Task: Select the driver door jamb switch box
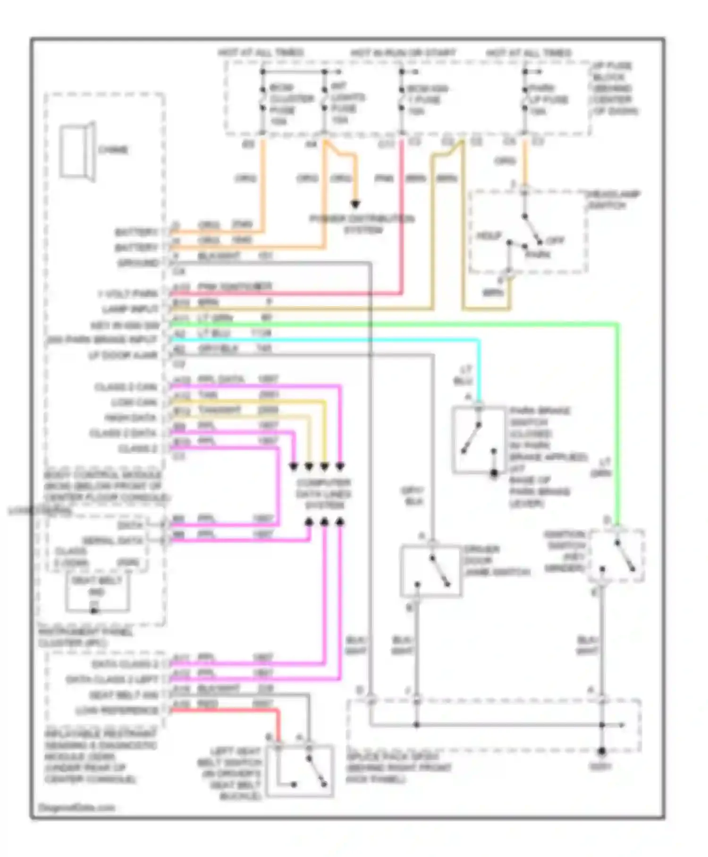tap(430, 571)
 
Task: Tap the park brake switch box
tap(478, 439)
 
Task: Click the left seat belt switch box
tap(300, 771)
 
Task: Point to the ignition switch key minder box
tap(616, 556)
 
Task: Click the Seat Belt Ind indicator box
tap(97, 593)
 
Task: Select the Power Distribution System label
tap(362, 224)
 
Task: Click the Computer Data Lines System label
tap(324, 494)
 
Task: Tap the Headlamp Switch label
tap(613, 200)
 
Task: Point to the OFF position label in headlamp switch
tap(555, 240)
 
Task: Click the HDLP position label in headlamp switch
tap(489, 236)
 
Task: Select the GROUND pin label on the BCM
tap(138, 263)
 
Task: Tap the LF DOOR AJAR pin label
tap(123, 355)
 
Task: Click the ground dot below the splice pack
tap(601, 751)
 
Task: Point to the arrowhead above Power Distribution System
tap(355, 204)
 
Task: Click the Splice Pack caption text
tap(398, 768)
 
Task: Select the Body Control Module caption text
tap(106, 486)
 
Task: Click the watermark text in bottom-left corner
tap(76, 807)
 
